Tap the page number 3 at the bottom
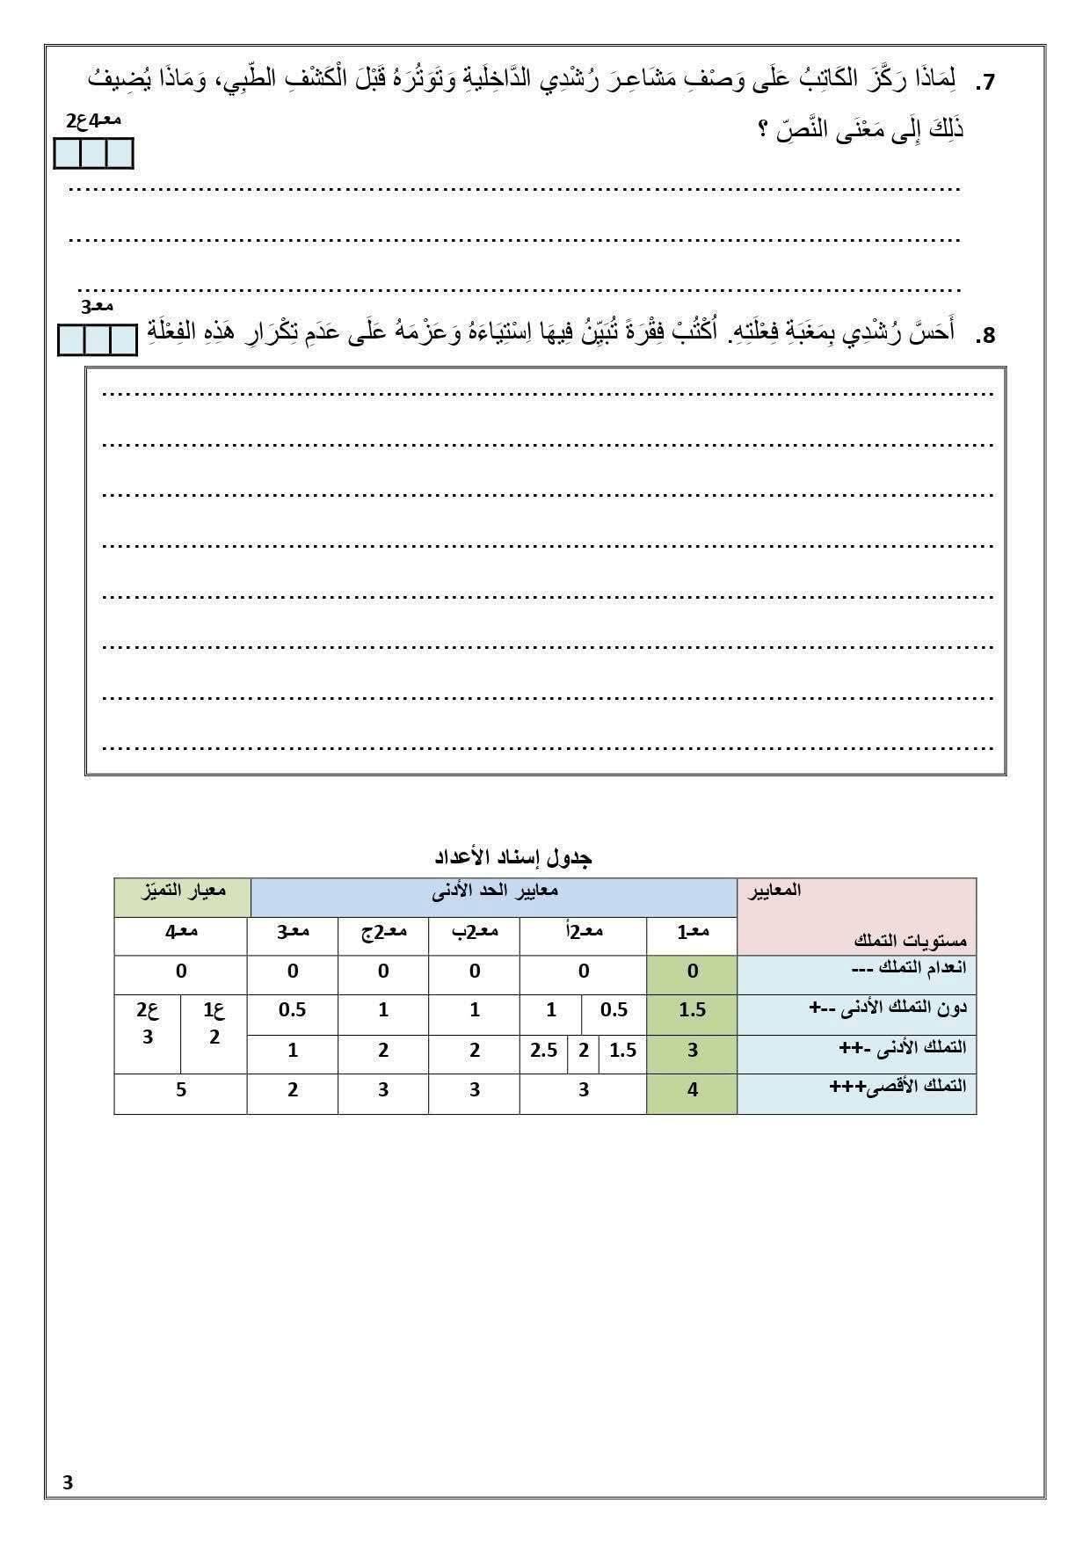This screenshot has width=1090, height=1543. [x=68, y=1482]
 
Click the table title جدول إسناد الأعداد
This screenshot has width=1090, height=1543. [x=513, y=856]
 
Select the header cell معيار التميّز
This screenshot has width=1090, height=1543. [x=182, y=891]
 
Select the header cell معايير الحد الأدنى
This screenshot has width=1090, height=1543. [x=494, y=891]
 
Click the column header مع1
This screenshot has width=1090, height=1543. [x=693, y=931]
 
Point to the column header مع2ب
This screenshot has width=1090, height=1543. [x=475, y=931]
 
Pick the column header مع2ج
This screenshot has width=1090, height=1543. [x=383, y=931]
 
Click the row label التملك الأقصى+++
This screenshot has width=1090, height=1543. [x=897, y=1087]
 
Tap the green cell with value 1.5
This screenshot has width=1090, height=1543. [x=693, y=1010]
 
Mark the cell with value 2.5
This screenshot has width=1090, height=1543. [x=544, y=1050]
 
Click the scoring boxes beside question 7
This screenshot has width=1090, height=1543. [x=93, y=153]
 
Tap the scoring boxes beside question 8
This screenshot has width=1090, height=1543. [x=98, y=340]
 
